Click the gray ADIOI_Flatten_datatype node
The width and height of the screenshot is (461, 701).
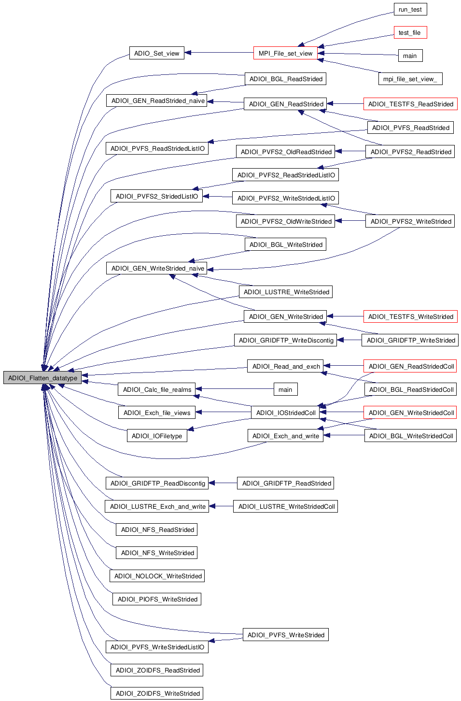[x=42, y=378]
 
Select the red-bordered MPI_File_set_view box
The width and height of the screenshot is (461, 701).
[x=285, y=53]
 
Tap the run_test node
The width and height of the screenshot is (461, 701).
[x=410, y=9]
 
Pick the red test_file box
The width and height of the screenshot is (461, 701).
[x=410, y=32]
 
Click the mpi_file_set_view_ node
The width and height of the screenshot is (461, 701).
[x=410, y=79]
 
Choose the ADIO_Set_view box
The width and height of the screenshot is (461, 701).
[x=156, y=53]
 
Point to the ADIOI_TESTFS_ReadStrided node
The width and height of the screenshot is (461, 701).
[x=410, y=104]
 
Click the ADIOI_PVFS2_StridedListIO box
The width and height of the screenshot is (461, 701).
[x=156, y=196]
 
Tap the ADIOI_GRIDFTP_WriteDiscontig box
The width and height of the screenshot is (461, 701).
[x=286, y=340]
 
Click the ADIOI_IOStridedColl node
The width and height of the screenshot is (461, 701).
[x=286, y=413]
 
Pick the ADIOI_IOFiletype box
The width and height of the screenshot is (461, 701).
[x=156, y=436]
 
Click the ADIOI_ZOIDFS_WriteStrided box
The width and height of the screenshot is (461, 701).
[x=157, y=693]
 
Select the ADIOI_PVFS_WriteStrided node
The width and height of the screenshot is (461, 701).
[x=286, y=635]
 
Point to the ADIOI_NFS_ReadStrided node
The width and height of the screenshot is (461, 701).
[x=157, y=529]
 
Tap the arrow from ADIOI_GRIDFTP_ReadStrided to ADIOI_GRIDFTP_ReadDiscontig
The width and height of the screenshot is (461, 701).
[x=223, y=483]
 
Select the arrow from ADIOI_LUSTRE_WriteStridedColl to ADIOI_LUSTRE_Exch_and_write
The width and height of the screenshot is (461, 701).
[x=221, y=506]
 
